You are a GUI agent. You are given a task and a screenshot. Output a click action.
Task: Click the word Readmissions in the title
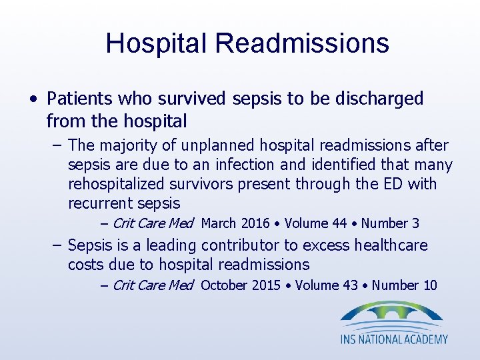pos(302,43)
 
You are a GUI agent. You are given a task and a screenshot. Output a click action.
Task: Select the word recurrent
pos(100,203)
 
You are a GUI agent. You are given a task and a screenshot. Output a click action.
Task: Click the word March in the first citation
pos(219,223)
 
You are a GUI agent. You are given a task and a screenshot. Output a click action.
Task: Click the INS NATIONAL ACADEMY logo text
pos(394,339)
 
